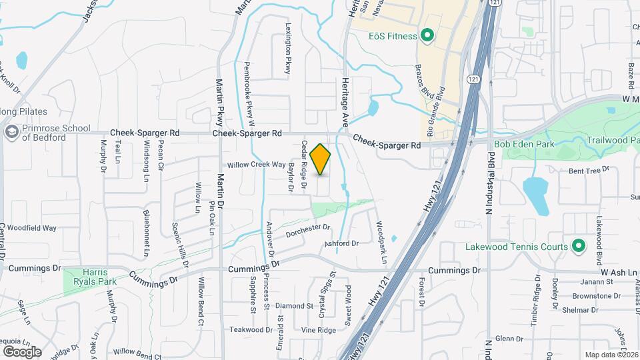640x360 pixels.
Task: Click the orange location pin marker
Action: [x=321, y=159]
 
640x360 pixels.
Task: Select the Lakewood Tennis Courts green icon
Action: [x=579, y=247]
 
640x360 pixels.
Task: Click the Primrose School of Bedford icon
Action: [x=11, y=132]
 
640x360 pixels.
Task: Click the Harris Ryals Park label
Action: [x=90, y=277]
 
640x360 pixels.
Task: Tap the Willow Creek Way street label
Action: [x=256, y=165]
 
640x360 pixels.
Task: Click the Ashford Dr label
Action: [x=342, y=243]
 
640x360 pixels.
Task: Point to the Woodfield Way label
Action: [x=31, y=228]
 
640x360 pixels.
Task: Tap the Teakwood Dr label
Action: [x=251, y=329]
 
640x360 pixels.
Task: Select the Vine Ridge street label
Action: [x=318, y=330]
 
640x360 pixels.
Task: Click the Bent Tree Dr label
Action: [x=589, y=170]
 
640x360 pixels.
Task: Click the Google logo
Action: [x=23, y=351]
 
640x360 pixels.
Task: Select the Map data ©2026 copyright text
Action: [x=611, y=355]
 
